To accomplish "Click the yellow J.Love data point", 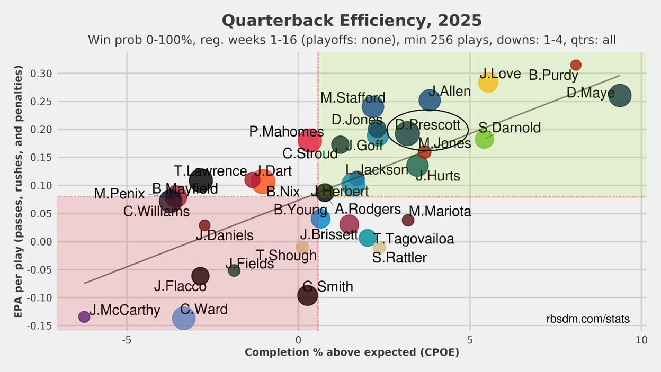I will [488, 82].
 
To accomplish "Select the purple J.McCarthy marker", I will [84, 316].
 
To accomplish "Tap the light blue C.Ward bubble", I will [184, 317].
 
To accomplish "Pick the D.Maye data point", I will [620, 96].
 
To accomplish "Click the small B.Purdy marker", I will [576, 65].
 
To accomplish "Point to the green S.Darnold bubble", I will [484, 139].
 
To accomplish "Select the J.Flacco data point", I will [200, 276].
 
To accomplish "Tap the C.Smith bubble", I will [307, 295].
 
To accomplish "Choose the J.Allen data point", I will [430, 100].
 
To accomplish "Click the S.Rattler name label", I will [399, 258].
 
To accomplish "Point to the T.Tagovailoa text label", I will [414, 239].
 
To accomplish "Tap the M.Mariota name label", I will [440, 212].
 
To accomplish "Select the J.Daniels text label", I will [224, 235].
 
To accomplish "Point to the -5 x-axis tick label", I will [127, 339].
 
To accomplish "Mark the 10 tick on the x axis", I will [641, 339].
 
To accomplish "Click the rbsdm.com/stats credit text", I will [587, 319].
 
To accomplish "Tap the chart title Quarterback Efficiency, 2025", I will [351, 21].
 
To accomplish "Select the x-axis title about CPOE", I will [351, 352].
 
